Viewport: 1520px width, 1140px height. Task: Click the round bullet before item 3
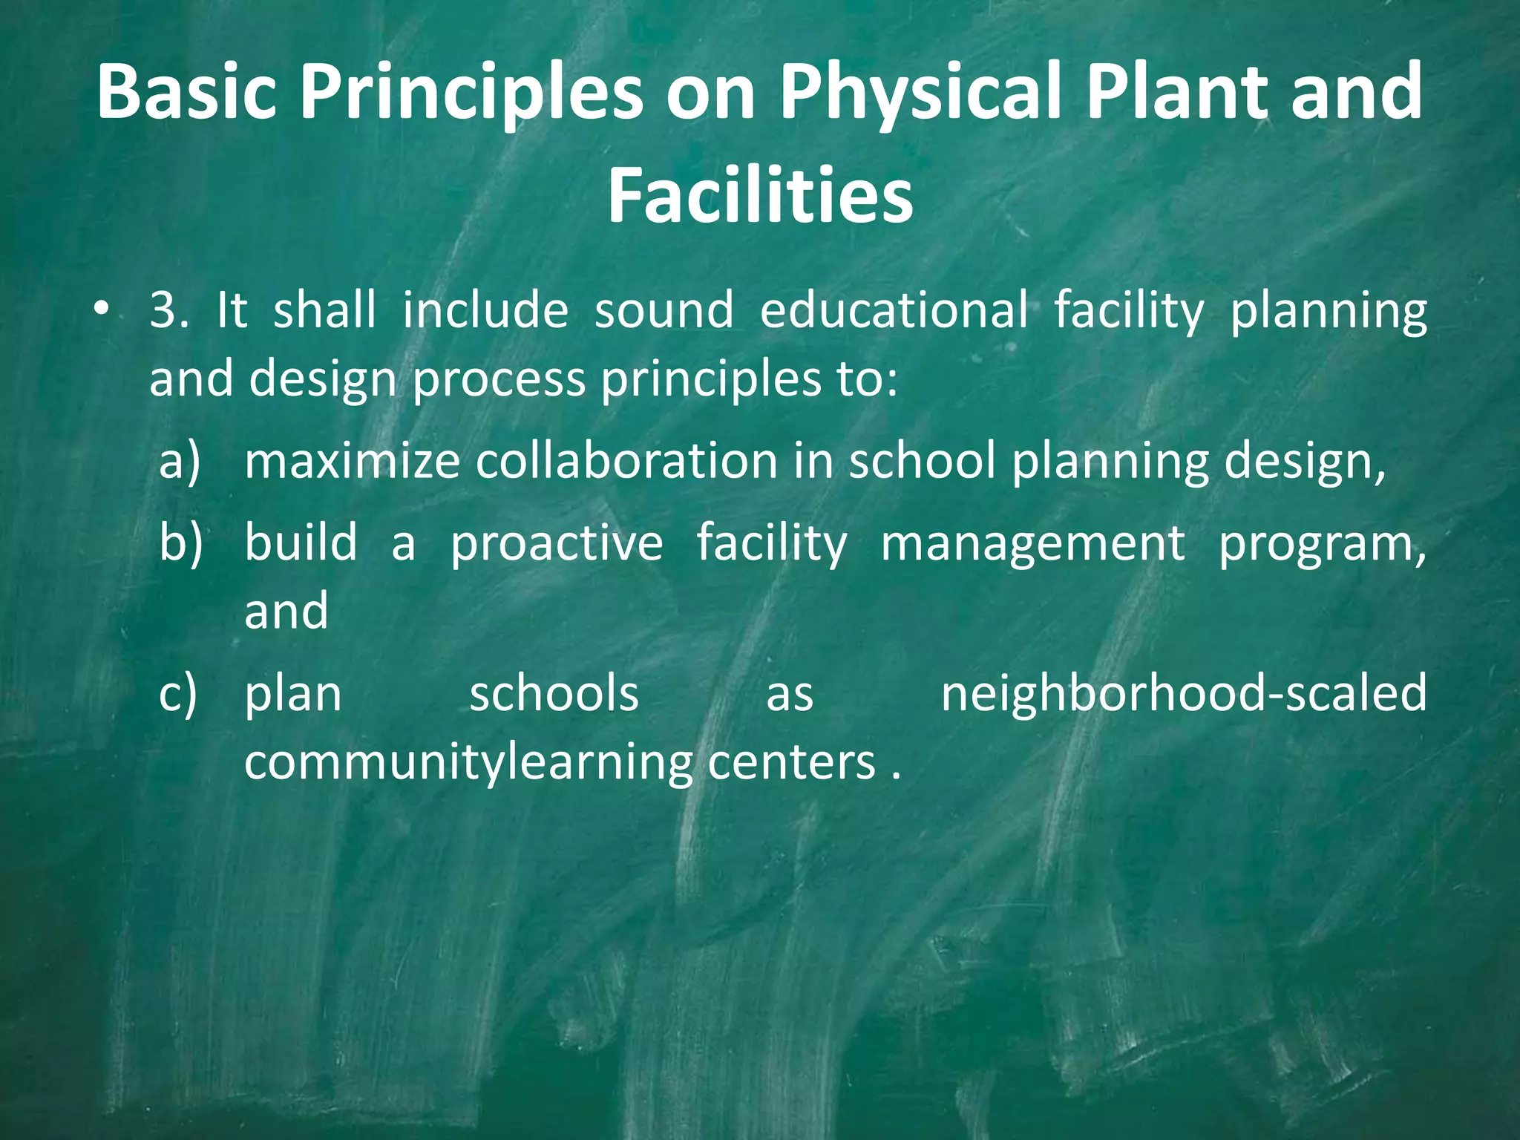pyautogui.click(x=102, y=309)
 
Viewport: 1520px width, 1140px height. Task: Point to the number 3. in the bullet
pyautogui.click(x=169, y=310)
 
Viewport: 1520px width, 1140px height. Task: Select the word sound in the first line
pyautogui.click(x=664, y=310)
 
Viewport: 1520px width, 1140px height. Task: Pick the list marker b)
pyautogui.click(x=180, y=543)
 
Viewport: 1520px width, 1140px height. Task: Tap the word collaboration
pyautogui.click(x=626, y=462)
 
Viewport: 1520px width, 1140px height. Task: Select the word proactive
pyautogui.click(x=557, y=543)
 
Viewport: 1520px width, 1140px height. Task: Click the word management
pyautogui.click(x=1032, y=543)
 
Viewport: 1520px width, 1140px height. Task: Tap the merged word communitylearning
pyautogui.click(x=467, y=763)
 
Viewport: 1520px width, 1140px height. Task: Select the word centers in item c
pyautogui.click(x=791, y=763)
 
